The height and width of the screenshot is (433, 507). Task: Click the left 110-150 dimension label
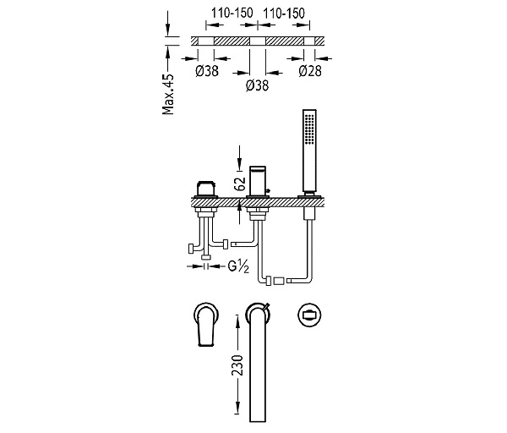coord(232,14)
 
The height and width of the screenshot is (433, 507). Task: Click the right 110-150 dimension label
coord(284,14)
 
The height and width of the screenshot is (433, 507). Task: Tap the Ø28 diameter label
coord(310,71)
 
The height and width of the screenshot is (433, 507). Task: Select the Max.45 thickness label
coord(168,94)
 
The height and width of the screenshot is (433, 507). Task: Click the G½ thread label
coord(238,266)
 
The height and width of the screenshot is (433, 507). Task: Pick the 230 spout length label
coord(237,365)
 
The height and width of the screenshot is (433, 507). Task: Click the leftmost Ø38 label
coord(207,71)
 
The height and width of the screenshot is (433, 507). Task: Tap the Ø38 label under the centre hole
coord(258,85)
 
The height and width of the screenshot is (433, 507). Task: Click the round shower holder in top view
coord(309,315)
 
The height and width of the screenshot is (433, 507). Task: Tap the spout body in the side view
coord(258,181)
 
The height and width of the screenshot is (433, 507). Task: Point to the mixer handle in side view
coord(206,189)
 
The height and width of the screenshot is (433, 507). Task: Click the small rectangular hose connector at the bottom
coord(279,281)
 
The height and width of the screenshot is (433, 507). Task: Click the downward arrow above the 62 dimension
coord(239,158)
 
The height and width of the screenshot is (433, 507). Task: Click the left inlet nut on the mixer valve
coord(191,249)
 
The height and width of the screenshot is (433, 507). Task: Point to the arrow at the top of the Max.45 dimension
coord(167,24)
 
